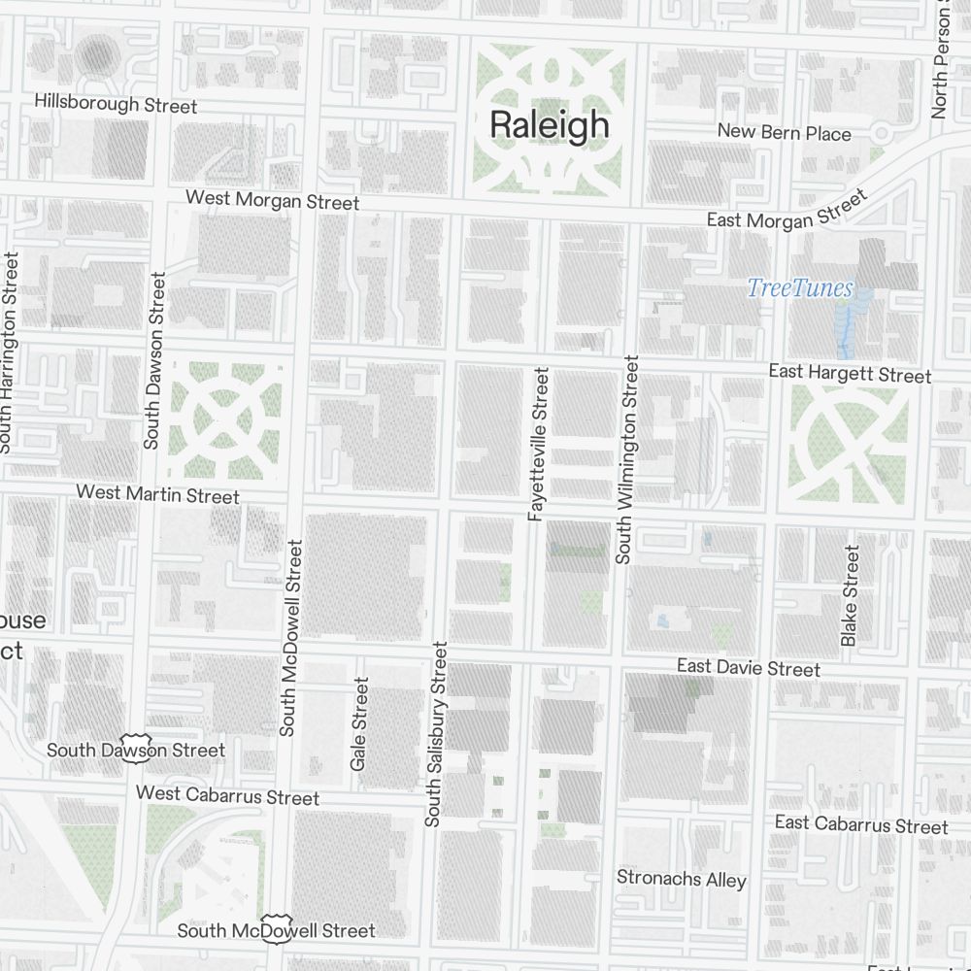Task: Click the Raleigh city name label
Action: (x=550, y=125)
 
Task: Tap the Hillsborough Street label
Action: (x=116, y=104)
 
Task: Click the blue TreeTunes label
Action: (x=800, y=287)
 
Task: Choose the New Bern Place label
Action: (x=784, y=132)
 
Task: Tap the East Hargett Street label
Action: (x=850, y=374)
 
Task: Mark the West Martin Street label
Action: (x=157, y=494)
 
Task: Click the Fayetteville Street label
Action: (x=539, y=445)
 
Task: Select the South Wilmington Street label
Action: (x=627, y=459)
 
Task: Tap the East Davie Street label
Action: (x=748, y=667)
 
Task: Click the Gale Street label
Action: (x=360, y=724)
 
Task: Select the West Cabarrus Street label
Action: (x=227, y=795)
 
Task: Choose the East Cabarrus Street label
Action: (x=860, y=825)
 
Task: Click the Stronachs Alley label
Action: (x=682, y=879)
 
